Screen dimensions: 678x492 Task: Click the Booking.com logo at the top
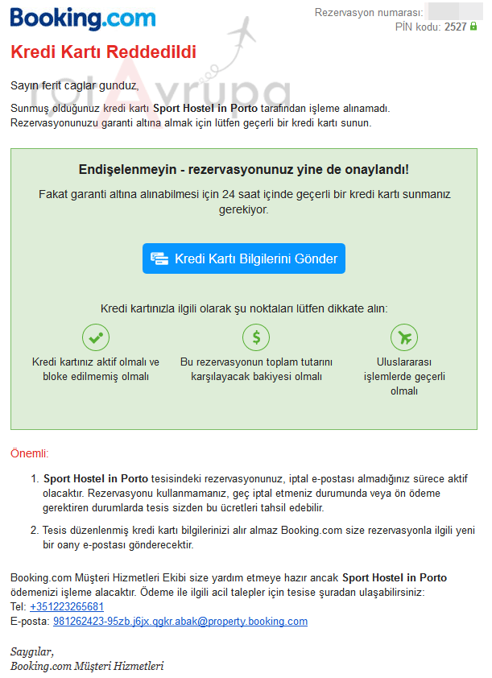pos(83,19)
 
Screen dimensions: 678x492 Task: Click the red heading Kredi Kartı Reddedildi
pos(102,52)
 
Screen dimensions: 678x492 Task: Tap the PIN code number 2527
pos(455,27)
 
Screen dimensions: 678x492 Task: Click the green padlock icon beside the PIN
pos(473,27)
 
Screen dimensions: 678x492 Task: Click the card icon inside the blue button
pos(159,258)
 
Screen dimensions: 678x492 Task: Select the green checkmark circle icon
pos(96,337)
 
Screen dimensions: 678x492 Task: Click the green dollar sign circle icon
pos(256,337)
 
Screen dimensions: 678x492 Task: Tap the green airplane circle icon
pos(403,337)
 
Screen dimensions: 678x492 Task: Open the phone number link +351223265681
pos(67,606)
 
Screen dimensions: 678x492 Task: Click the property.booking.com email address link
pos(180,621)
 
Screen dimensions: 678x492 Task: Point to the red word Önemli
pos(30,453)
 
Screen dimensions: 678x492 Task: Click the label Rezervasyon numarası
pos(368,13)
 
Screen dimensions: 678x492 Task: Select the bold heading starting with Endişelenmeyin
pos(244,170)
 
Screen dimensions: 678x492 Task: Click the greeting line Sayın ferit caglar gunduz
pos(74,85)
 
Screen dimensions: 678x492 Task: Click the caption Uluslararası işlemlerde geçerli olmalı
pos(404,376)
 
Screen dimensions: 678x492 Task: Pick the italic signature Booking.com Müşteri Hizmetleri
pos(87,666)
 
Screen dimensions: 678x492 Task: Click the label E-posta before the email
pos(30,621)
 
